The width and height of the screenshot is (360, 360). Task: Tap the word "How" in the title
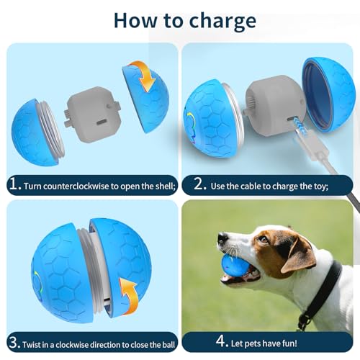(135, 20)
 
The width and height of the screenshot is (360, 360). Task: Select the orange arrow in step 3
(129, 296)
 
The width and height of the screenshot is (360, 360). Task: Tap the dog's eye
(264, 239)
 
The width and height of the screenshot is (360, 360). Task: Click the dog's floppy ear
(300, 256)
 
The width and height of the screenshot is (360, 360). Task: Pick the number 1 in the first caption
(14, 184)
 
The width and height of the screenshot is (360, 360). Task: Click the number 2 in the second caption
(199, 184)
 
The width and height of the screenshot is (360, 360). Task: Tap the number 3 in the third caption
(13, 343)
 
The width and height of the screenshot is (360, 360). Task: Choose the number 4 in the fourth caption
(220, 341)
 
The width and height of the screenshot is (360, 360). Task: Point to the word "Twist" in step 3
(32, 345)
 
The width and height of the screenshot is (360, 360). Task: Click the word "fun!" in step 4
(289, 343)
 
